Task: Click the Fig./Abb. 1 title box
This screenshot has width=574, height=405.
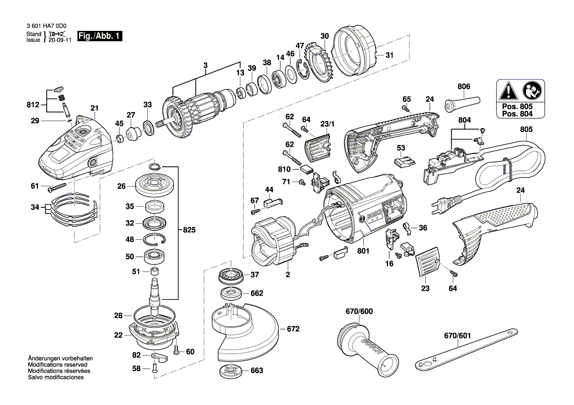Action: coord(99,37)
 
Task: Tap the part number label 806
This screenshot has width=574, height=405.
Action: coord(464,87)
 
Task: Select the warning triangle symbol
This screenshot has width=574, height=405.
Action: coord(506,91)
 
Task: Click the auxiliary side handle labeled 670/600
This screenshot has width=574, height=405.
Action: coord(367,349)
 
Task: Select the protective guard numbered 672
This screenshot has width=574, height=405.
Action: coord(245,331)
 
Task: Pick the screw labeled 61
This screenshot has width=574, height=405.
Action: coord(57,186)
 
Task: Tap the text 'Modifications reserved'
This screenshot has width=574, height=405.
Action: coord(57,365)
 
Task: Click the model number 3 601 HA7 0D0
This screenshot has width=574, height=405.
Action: coord(46,27)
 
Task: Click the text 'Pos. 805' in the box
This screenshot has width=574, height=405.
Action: coord(520,106)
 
